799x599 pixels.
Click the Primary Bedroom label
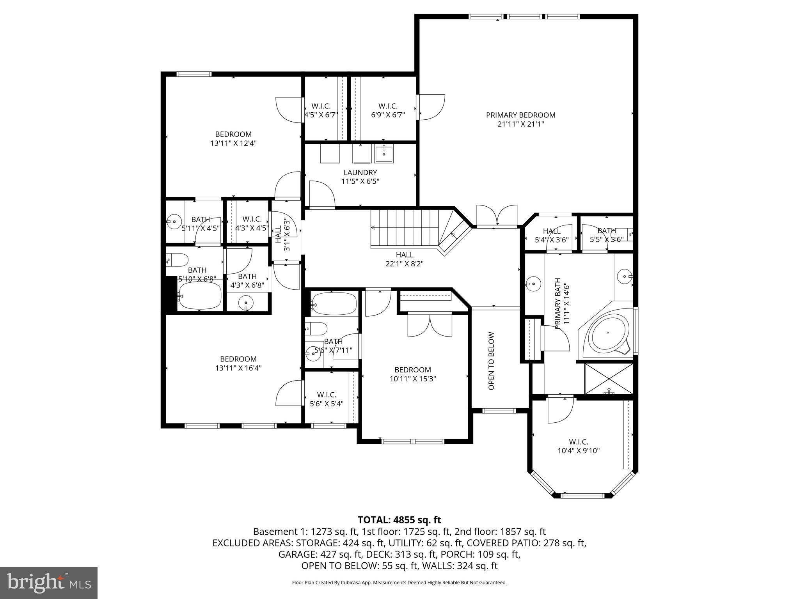pos(520,115)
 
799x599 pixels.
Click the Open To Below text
pos(491,361)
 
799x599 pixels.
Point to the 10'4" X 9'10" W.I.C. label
pos(578,447)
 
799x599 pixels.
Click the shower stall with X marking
pos(608,379)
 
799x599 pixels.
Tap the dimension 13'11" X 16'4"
pos(238,368)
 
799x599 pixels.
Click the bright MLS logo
pos(49,583)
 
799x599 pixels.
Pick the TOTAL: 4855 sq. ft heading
pos(399,520)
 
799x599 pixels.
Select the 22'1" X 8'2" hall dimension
pos(404,264)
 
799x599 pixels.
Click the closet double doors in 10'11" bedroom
pos(430,325)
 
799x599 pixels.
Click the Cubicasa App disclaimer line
pos(399,583)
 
